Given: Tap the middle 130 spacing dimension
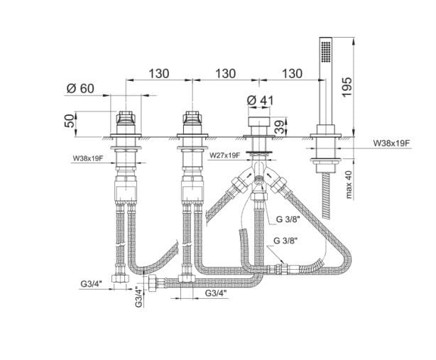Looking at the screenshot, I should click(x=225, y=73).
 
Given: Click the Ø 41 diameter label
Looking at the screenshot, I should click(x=261, y=101).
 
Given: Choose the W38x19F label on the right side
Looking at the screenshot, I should click(x=392, y=143).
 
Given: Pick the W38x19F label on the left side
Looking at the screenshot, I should click(x=88, y=159).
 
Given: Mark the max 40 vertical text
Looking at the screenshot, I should click(x=348, y=186).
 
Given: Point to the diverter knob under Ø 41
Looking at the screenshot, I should click(x=258, y=130).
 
